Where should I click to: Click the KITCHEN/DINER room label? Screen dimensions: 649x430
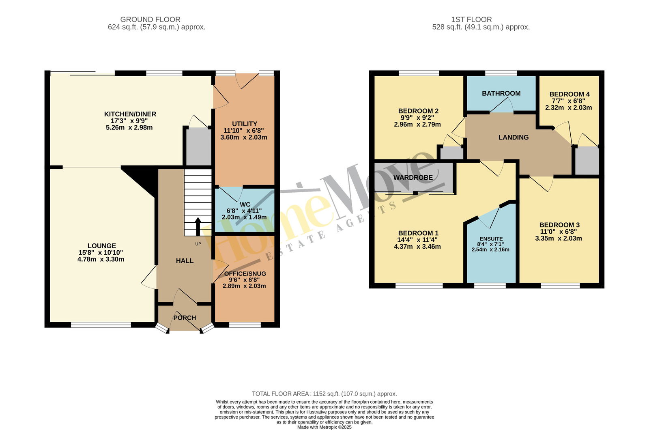click(x=130, y=114)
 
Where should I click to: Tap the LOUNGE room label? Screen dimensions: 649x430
click(x=102, y=246)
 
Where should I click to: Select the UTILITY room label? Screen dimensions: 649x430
click(x=245, y=124)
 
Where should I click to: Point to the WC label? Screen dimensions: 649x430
click(x=245, y=204)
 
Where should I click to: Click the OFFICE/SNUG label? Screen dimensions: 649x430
click(x=245, y=274)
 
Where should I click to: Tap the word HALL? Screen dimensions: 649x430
click(x=185, y=261)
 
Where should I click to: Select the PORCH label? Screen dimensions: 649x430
click(x=185, y=318)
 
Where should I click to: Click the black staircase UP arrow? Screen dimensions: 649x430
click(x=198, y=227)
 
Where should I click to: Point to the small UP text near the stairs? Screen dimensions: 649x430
click(x=198, y=244)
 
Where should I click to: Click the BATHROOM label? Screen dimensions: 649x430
click(x=501, y=93)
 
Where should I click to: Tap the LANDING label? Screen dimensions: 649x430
click(x=514, y=138)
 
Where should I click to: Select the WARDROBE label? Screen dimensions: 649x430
click(x=413, y=178)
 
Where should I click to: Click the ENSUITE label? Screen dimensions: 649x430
click(x=491, y=239)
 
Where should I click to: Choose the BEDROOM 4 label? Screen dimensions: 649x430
click(x=569, y=94)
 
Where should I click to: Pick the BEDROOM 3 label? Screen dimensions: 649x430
click(x=559, y=225)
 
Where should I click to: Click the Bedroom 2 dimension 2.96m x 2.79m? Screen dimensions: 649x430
click(x=417, y=125)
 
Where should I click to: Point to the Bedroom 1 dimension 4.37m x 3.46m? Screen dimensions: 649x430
click(x=417, y=247)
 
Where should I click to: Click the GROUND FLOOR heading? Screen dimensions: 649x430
click(x=150, y=19)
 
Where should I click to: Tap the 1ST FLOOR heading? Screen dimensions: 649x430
click(x=472, y=19)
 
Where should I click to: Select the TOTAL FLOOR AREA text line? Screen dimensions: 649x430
click(x=324, y=394)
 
